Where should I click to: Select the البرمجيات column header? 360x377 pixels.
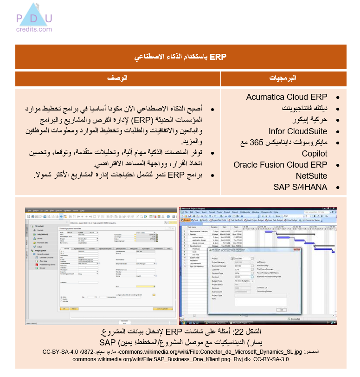(x=283, y=78)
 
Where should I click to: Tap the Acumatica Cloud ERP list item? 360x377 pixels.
(x=286, y=97)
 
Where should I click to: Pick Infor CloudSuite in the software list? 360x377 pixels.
(x=298, y=131)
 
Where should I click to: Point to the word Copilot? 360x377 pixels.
(x=315, y=153)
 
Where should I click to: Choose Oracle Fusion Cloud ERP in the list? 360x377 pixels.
(x=280, y=165)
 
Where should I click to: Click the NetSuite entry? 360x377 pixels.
(x=311, y=176)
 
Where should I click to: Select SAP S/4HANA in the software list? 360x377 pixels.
(x=300, y=187)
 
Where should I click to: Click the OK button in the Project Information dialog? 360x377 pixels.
(x=282, y=309)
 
